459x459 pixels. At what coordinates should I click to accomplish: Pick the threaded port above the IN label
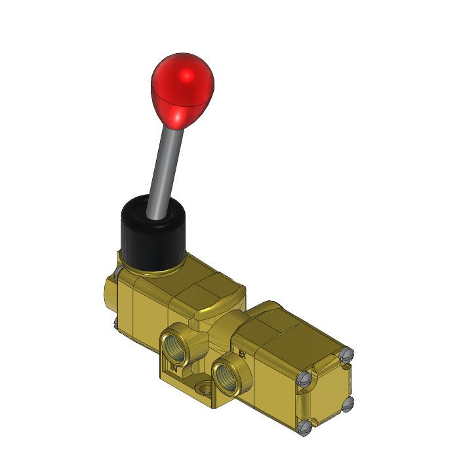175,342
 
